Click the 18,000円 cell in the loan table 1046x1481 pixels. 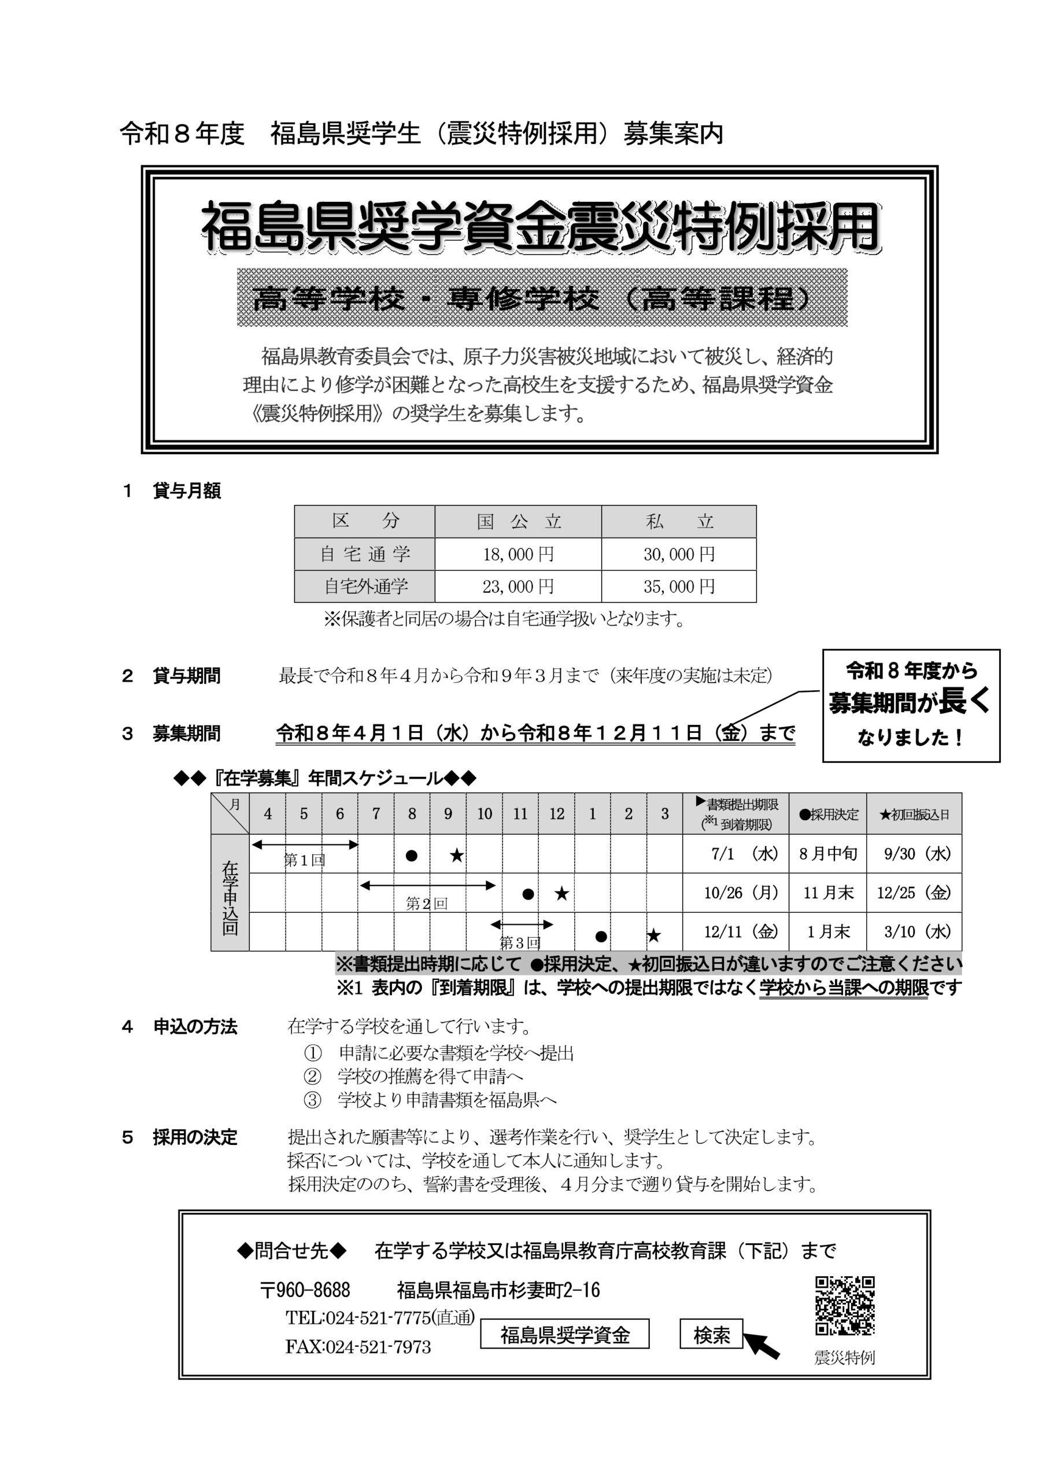(518, 554)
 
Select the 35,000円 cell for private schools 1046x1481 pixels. (678, 587)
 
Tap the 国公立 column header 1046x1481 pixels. (518, 521)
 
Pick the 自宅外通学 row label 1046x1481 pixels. (365, 587)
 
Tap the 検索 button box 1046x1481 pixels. (711, 1335)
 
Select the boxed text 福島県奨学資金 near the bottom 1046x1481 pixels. (564, 1335)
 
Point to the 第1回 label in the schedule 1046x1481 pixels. (304, 860)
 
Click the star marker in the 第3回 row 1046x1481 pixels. (653, 935)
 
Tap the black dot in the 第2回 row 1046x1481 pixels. (527, 894)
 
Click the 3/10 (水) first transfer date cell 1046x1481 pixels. (914, 931)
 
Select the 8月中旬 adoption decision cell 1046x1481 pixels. (827, 854)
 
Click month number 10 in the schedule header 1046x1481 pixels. (485, 814)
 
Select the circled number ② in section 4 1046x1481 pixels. (312, 1076)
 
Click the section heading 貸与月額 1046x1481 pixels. (186, 491)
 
